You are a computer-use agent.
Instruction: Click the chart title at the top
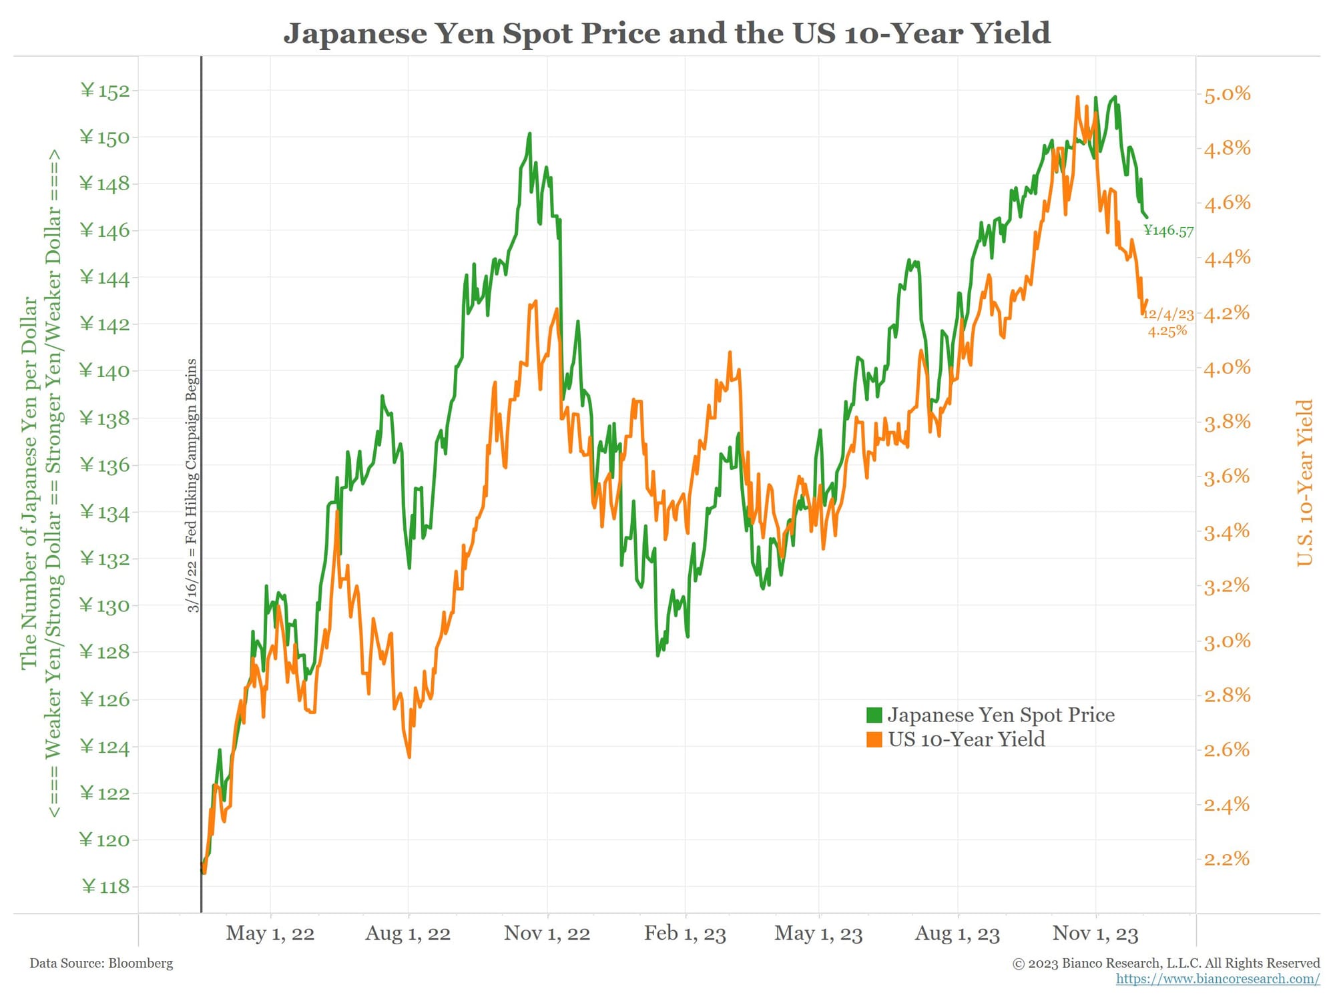coord(667,33)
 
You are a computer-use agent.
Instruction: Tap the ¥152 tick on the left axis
coord(105,91)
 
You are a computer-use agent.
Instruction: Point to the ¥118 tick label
coord(105,886)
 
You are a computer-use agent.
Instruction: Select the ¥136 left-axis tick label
coord(105,465)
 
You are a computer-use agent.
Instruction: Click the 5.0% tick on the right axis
coord(1227,94)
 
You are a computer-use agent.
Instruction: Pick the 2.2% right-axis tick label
coord(1227,858)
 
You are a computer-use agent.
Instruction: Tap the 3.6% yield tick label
coord(1227,476)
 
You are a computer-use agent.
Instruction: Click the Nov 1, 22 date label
coord(547,933)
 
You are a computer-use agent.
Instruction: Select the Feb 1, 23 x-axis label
coord(685,933)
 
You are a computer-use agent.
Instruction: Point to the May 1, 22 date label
coord(270,933)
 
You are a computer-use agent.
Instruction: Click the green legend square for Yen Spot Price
coord(874,715)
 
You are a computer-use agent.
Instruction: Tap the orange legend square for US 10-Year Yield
coord(874,739)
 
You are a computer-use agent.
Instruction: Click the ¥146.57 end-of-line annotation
coord(1168,231)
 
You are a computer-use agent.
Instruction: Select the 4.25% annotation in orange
coord(1167,331)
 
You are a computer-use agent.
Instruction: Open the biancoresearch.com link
coord(1218,979)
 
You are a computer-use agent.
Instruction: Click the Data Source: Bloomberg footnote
coord(101,963)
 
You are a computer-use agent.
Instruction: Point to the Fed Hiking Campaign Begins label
coord(192,485)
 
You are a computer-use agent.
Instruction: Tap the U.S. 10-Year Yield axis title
coord(1304,482)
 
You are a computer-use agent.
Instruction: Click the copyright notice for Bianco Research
coord(1166,963)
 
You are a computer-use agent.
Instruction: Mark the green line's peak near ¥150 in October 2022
coord(529,134)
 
